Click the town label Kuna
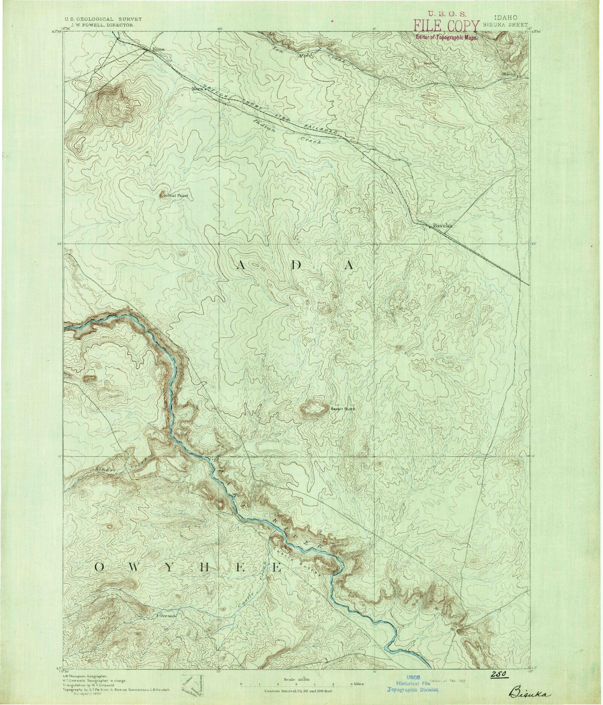tap(159, 49)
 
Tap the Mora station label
tap(196, 89)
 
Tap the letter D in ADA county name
tap(296, 265)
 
